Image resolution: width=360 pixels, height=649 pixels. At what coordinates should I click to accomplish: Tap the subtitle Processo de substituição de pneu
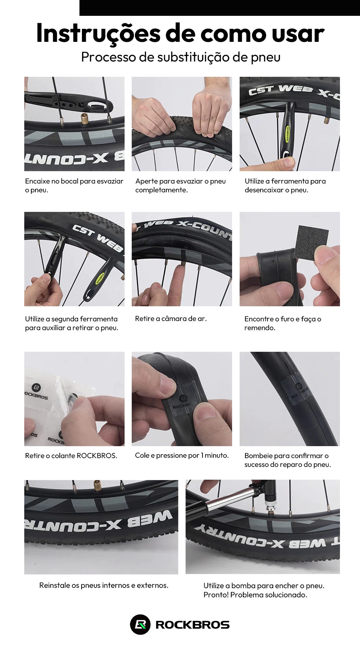pyautogui.click(x=181, y=57)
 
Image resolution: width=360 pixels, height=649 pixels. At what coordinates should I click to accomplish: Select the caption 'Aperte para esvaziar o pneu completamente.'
pyautogui.click(x=180, y=185)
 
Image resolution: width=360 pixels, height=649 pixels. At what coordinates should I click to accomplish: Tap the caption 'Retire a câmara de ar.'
pyautogui.click(x=171, y=319)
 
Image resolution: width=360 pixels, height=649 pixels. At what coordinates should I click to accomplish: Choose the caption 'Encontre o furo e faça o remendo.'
pyautogui.click(x=283, y=323)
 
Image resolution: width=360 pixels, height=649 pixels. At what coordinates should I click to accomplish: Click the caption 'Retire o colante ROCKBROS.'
pyautogui.click(x=71, y=456)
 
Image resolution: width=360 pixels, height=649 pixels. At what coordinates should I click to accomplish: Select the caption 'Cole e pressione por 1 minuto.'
pyautogui.click(x=182, y=455)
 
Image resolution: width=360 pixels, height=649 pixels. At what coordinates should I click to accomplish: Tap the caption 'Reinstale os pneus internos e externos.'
pyautogui.click(x=104, y=585)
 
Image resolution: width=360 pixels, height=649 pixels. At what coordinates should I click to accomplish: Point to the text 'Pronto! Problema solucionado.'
pyautogui.click(x=255, y=595)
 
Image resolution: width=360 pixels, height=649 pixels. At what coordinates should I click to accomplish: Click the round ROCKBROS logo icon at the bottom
pyautogui.click(x=140, y=624)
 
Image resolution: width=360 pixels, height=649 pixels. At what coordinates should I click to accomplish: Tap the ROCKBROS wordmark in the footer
pyautogui.click(x=192, y=625)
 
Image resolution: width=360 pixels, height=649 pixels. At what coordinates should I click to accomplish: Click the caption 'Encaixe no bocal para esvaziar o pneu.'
pyautogui.click(x=74, y=185)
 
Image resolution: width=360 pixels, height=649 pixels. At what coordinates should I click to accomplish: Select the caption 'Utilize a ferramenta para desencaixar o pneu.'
pyautogui.click(x=285, y=185)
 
